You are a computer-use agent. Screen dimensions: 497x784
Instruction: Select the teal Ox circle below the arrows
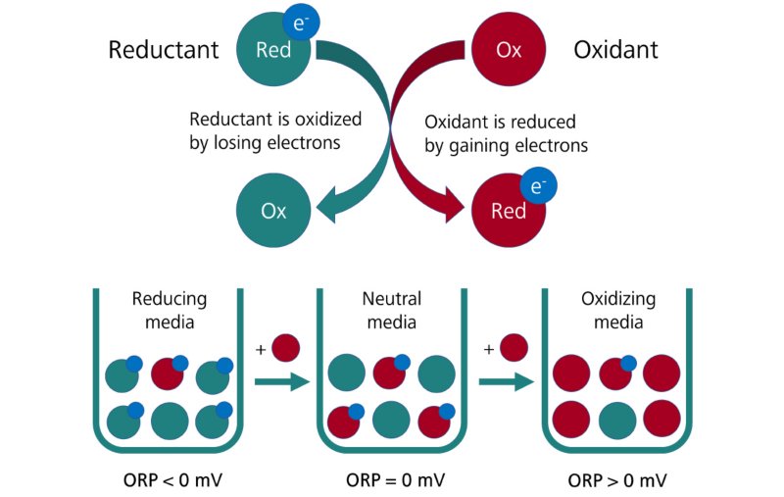pyautogui.click(x=272, y=210)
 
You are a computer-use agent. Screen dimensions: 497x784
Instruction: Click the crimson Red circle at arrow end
pyautogui.click(x=508, y=210)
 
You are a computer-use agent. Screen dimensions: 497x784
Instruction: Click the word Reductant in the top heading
pyautogui.click(x=164, y=50)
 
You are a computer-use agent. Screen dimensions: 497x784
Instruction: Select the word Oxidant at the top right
pyautogui.click(x=616, y=50)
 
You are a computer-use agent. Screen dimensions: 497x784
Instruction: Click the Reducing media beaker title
pyautogui.click(x=164, y=311)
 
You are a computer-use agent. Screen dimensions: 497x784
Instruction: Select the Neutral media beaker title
pyautogui.click(x=390, y=311)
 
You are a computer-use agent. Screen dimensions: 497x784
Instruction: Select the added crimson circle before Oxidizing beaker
pyautogui.click(x=513, y=346)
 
